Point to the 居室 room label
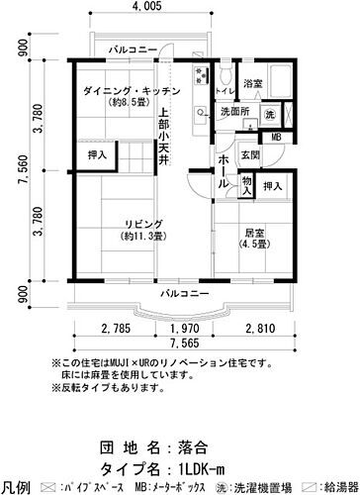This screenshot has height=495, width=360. click(x=257, y=233)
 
